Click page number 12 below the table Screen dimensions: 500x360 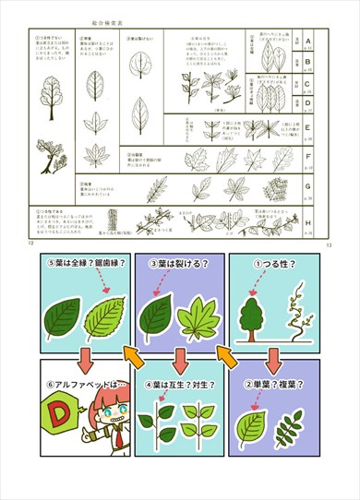pos(32,244)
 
